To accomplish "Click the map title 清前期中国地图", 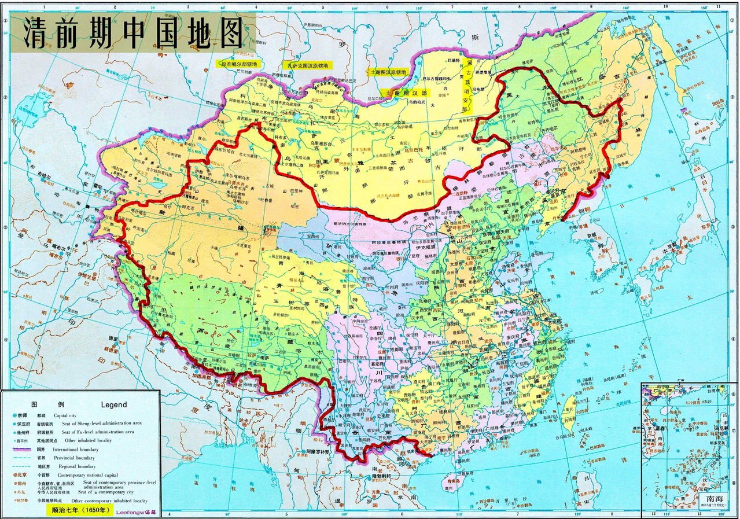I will [132, 34].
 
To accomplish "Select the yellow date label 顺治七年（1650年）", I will [79, 510].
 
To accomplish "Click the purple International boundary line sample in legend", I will [21, 449].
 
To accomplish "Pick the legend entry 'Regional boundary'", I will [74, 466].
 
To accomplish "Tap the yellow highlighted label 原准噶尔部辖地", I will [239, 64].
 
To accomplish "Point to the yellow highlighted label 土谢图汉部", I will [405, 93].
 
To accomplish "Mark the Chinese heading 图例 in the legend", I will [39, 404].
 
